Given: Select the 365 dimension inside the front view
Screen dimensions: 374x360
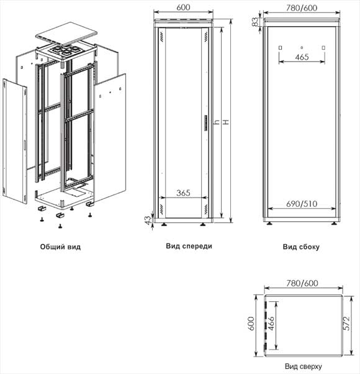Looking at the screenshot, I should pos(183,193).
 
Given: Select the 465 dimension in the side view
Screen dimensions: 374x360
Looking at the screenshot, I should pos(302,57).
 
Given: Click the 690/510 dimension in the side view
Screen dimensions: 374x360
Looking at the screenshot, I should pos(302,203).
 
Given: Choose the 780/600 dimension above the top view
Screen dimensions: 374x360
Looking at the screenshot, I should pos(301,283).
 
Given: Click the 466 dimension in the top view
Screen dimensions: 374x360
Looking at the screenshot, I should pos(280,324).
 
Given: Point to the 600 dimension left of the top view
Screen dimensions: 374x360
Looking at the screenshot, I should pos(252,324).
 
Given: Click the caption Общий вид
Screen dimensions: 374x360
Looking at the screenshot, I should pos(60,247).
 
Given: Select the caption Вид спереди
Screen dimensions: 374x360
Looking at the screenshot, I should pos(189,246).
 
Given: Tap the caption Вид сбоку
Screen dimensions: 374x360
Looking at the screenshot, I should pos(301,247).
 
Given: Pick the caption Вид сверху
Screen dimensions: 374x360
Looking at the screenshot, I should pos(303,367).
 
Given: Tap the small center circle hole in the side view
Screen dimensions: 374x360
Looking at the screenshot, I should pos(302,47).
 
